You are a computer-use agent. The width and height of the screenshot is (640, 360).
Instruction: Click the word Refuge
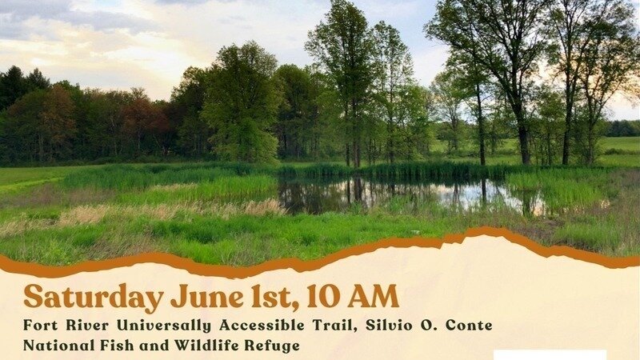[x=274, y=346]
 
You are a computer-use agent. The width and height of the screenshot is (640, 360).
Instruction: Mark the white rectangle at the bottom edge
[x=550, y=354]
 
